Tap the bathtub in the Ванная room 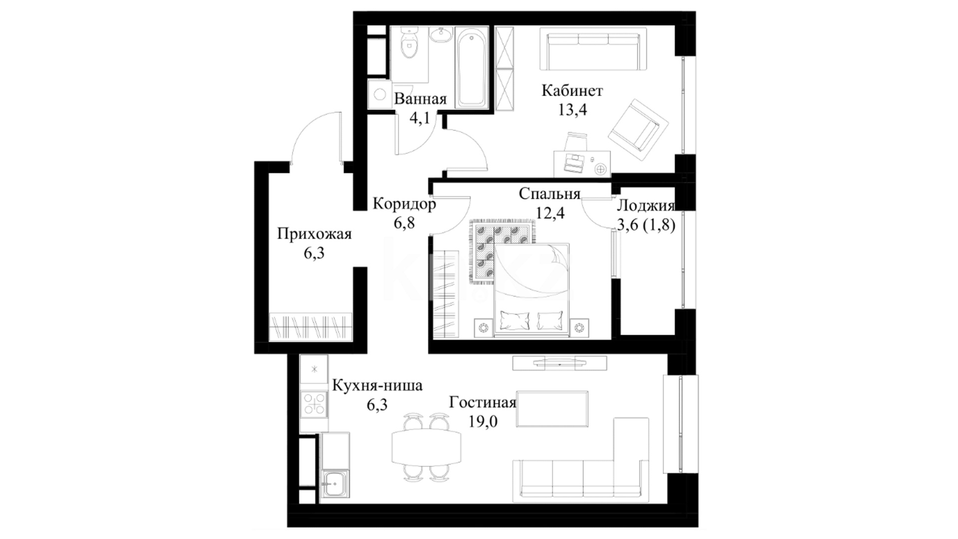pos(472,67)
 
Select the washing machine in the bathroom pos(379,94)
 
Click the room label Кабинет pos(572,91)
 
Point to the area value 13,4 pos(572,110)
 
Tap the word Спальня pos(549,194)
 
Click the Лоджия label pos(646,206)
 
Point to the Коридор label pos(404,204)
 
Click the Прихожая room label pos(314,234)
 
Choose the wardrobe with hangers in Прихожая pos(310,327)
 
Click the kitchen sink pos(335,483)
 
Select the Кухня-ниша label pos(377,386)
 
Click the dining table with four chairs pos(426,447)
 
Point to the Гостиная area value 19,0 pos(482,422)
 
